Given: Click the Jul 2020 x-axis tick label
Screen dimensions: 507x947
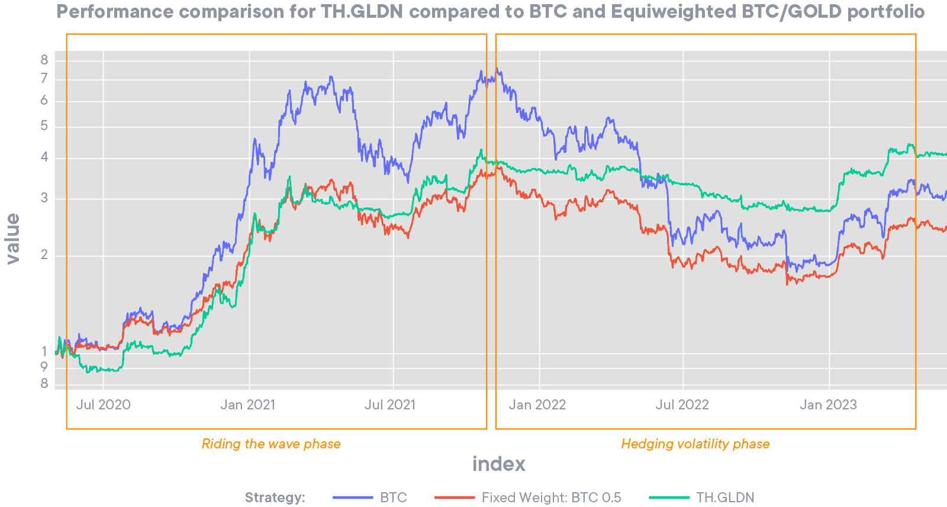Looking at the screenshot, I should pos(103,405).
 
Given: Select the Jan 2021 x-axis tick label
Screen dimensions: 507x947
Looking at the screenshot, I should pos(247,405).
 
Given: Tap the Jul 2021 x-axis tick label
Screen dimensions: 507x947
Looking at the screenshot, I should pos(389,405).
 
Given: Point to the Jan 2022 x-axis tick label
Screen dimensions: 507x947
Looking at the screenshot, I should pos(537,405).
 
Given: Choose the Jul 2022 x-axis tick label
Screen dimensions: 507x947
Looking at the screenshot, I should pos(682,405).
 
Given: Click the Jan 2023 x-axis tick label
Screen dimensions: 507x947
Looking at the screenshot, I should pos(828,405).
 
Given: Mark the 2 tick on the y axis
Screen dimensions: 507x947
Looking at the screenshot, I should pos(44,255).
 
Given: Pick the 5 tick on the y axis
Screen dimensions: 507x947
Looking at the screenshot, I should pos(44,126).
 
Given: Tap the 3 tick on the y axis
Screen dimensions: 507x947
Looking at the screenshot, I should pos(44,198).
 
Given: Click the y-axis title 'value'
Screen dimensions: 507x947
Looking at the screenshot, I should pos(12,238).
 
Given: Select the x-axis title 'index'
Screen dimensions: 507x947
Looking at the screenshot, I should pos(498,464).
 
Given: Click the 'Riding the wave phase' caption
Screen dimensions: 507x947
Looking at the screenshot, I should pos(271,444).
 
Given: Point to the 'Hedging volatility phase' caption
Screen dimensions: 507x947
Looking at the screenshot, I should pos(695,444).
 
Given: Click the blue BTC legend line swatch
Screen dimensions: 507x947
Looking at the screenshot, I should pos(353,498).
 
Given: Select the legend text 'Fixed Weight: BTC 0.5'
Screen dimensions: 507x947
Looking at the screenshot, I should pos(551,498).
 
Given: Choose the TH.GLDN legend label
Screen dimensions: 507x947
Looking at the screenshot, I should pos(725,498).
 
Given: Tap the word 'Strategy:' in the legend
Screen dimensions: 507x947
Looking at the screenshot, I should pos(275,498).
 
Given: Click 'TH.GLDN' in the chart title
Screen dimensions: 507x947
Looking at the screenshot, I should pos(362,12).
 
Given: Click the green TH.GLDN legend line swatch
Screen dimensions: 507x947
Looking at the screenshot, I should pos(669,498).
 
